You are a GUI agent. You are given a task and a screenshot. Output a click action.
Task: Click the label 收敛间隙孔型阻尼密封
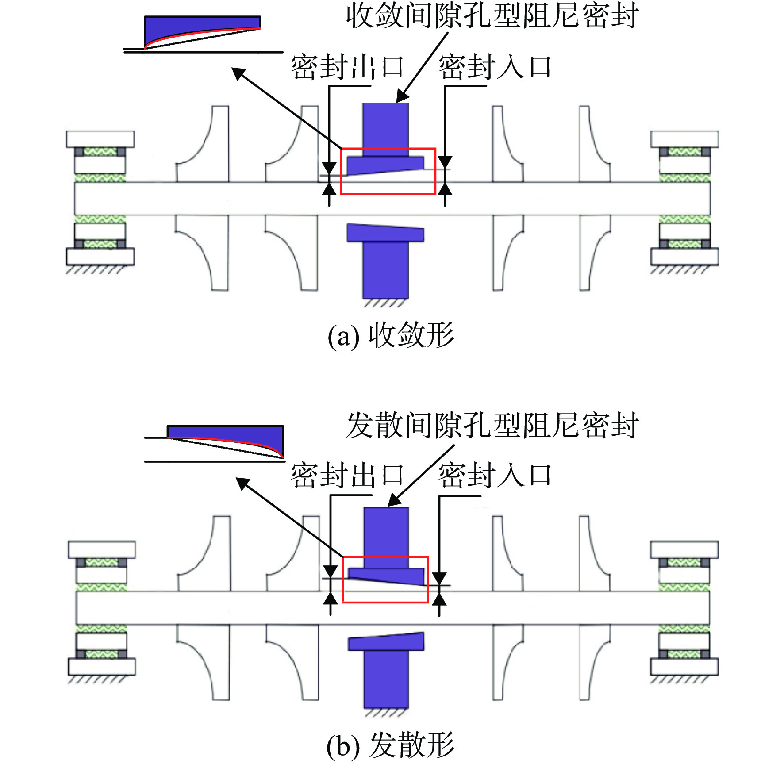click(x=492, y=16)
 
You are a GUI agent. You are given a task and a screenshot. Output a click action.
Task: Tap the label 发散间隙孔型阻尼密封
click(x=492, y=426)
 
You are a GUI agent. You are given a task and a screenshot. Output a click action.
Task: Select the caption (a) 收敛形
click(x=391, y=335)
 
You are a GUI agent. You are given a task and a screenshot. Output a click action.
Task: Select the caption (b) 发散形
click(x=391, y=745)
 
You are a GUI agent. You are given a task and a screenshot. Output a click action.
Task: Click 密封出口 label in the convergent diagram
click(x=347, y=67)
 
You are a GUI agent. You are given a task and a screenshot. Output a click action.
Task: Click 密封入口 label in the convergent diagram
click(x=495, y=67)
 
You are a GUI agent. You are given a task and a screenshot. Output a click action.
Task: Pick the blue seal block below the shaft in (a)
click(x=385, y=261)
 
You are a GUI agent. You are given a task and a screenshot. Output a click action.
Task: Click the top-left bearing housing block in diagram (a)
click(x=100, y=139)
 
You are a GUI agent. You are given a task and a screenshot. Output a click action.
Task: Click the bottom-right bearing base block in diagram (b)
click(x=684, y=667)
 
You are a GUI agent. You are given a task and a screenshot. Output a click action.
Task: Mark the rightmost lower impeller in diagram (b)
click(x=595, y=662)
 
